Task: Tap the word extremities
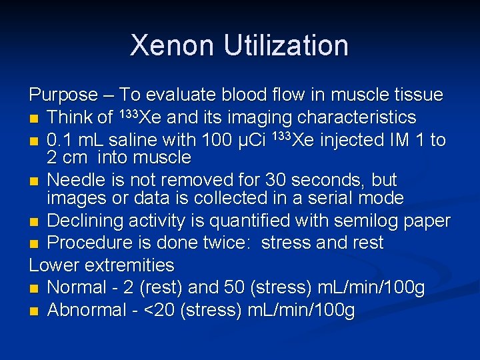click(x=132, y=265)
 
